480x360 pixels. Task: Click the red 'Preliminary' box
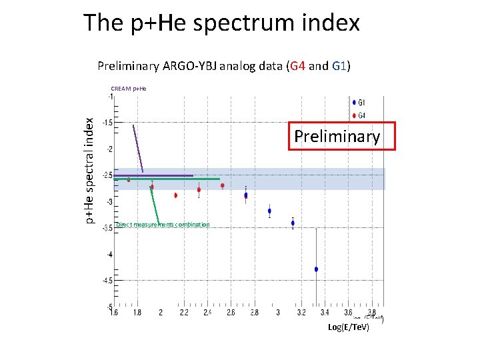[x=341, y=137]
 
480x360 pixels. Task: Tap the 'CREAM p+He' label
[x=129, y=88]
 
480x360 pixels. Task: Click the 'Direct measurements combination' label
[x=163, y=225]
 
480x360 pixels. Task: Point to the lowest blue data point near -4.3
[x=316, y=269]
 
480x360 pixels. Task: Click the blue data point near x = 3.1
[x=293, y=223]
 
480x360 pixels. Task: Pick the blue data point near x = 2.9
[x=269, y=211]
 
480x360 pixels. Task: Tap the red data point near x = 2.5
[x=223, y=186]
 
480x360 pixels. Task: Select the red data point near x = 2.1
[x=176, y=195]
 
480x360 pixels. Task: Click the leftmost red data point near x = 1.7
[x=129, y=180]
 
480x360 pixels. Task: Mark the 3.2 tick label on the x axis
[x=302, y=312]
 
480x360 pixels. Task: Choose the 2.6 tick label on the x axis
[x=231, y=312]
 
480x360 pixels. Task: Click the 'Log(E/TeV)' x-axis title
[x=349, y=327]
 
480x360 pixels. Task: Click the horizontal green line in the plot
[x=187, y=179]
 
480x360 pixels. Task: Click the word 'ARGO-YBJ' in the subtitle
[x=200, y=66]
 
